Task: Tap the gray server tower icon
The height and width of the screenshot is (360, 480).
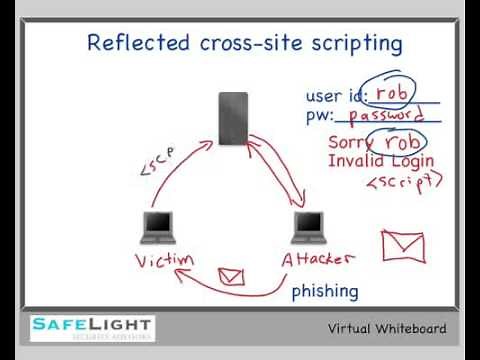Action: pyautogui.click(x=234, y=116)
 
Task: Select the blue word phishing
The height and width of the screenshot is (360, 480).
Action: pyautogui.click(x=325, y=291)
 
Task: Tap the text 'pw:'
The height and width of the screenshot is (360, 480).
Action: pyautogui.click(x=319, y=117)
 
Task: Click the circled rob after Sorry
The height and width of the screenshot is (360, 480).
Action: pyautogui.click(x=404, y=141)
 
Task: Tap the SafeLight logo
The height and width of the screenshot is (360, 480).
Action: pyautogui.click(x=90, y=328)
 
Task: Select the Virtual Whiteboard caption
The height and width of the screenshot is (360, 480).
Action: pyautogui.click(x=387, y=329)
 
